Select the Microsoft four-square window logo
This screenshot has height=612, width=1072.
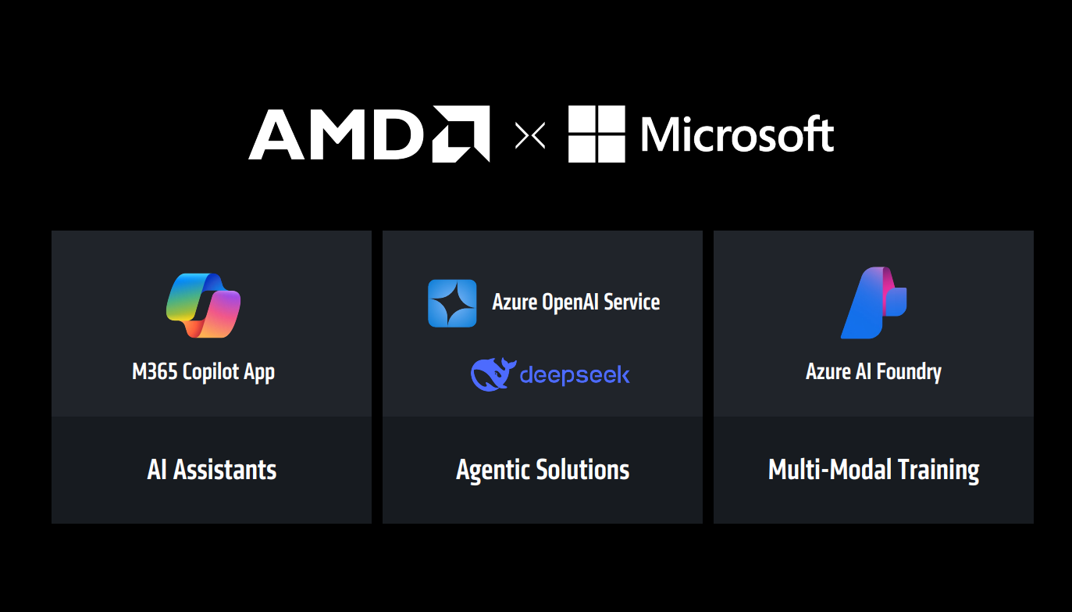click(x=597, y=134)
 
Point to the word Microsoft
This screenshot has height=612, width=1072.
click(x=736, y=135)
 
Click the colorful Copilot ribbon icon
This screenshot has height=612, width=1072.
click(x=204, y=305)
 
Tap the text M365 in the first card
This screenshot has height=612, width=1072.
click(x=155, y=371)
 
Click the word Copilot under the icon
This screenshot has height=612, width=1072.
click(x=210, y=372)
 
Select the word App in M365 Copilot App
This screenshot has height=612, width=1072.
click(x=259, y=373)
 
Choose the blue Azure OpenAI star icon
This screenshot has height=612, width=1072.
click(x=452, y=302)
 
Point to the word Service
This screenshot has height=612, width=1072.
click(x=632, y=302)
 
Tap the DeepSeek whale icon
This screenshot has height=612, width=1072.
click(x=493, y=374)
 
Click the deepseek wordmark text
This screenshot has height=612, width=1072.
click(x=575, y=375)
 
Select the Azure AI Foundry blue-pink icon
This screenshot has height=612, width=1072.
click(x=874, y=303)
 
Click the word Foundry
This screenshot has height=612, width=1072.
click(x=908, y=372)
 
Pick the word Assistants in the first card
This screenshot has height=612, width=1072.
click(x=225, y=470)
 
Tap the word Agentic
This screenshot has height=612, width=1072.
click(x=491, y=471)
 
